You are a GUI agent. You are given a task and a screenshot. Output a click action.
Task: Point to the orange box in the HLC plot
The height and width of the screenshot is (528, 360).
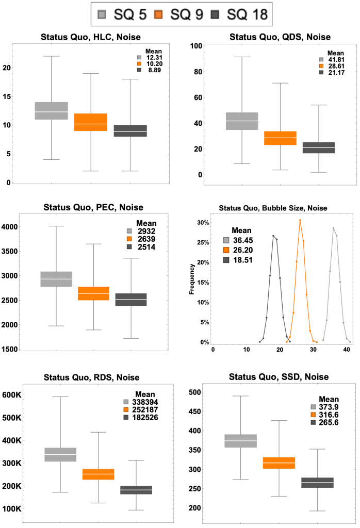91,122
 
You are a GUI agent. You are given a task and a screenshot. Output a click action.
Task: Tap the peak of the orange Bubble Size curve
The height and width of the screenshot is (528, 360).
300,220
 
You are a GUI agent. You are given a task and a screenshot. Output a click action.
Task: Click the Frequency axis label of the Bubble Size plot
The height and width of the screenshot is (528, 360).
192,279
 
